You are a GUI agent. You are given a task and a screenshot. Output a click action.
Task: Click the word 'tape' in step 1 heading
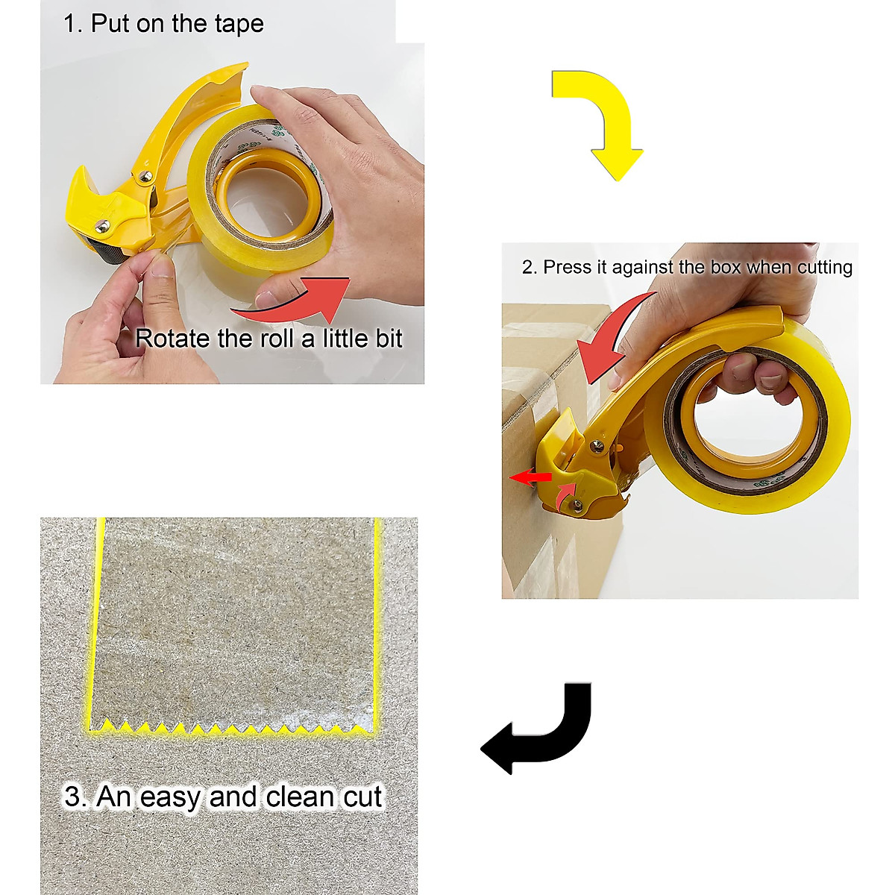coord(238,24)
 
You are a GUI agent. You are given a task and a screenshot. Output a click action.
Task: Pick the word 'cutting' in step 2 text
coord(823,267)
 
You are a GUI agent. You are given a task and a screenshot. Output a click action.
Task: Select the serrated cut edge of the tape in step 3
coord(231,726)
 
